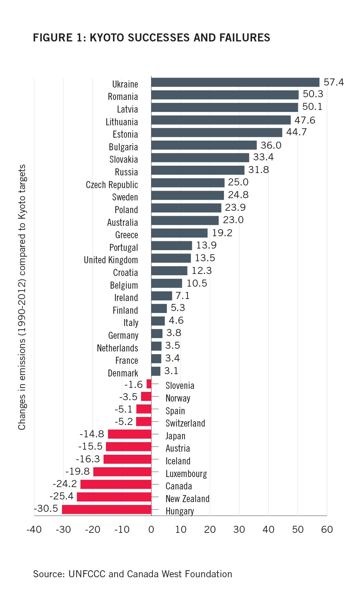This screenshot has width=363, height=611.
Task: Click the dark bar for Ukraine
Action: (235, 82)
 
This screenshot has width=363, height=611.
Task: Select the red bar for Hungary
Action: (107, 509)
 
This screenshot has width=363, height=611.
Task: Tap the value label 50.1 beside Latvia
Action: (312, 107)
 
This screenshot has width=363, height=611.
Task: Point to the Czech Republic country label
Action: (112, 185)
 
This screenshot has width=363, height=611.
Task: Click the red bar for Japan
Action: (129, 434)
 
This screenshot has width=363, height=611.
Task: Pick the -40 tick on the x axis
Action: (34, 529)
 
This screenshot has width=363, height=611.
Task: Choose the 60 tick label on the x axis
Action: (327, 529)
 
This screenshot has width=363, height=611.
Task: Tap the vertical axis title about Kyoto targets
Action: (22, 297)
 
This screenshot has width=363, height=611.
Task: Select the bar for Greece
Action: (179, 233)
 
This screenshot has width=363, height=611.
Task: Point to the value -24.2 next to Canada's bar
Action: (65, 484)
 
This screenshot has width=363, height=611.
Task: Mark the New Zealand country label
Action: (187, 499)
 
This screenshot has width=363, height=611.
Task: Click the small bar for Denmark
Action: (156, 371)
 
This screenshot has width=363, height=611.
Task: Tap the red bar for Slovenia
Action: (149, 384)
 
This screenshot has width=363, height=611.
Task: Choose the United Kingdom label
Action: (111, 260)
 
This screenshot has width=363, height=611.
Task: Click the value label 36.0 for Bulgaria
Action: (271, 145)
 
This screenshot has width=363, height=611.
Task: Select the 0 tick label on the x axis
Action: (151, 529)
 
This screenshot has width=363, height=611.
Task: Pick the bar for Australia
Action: (185, 220)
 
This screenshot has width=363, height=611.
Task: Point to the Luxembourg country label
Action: (186, 474)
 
